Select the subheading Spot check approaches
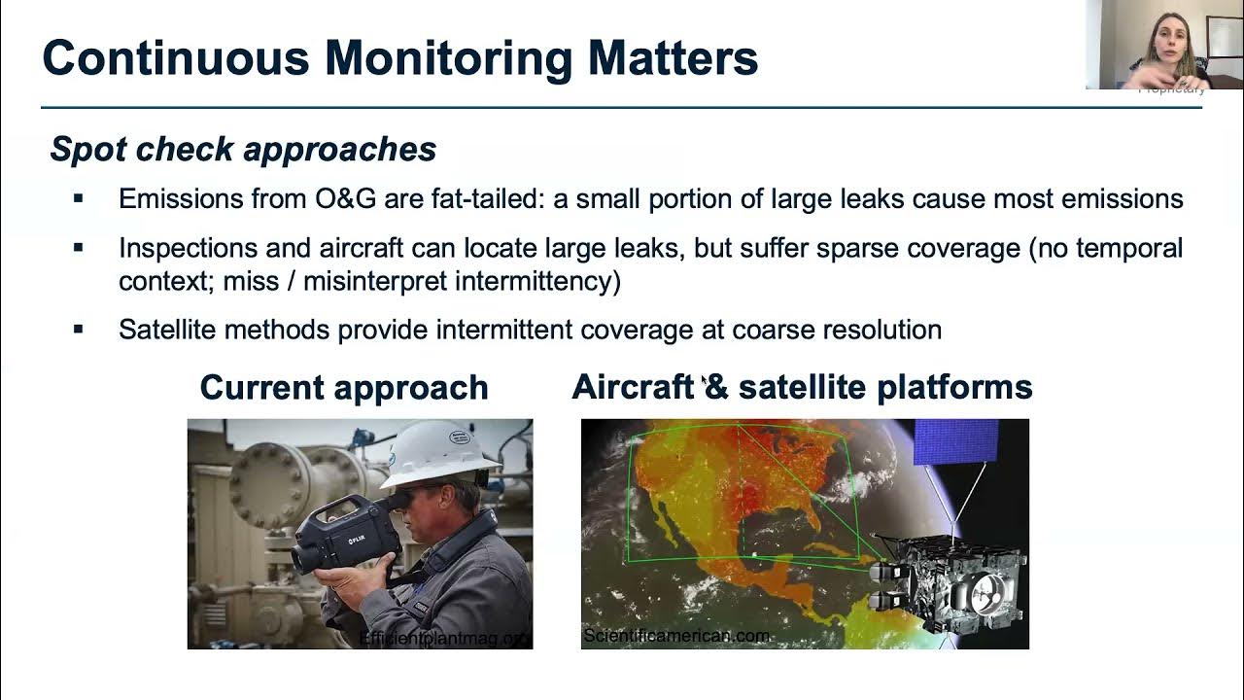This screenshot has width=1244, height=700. click(x=243, y=149)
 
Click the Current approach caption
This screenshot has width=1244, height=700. click(x=344, y=387)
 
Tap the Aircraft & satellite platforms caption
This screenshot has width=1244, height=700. click(x=802, y=387)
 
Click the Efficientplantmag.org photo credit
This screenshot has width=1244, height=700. click(x=445, y=638)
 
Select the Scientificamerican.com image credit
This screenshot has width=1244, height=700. click(x=676, y=636)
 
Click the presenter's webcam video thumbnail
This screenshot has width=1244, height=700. click(x=1163, y=45)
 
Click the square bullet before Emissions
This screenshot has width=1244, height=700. click(x=79, y=199)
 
